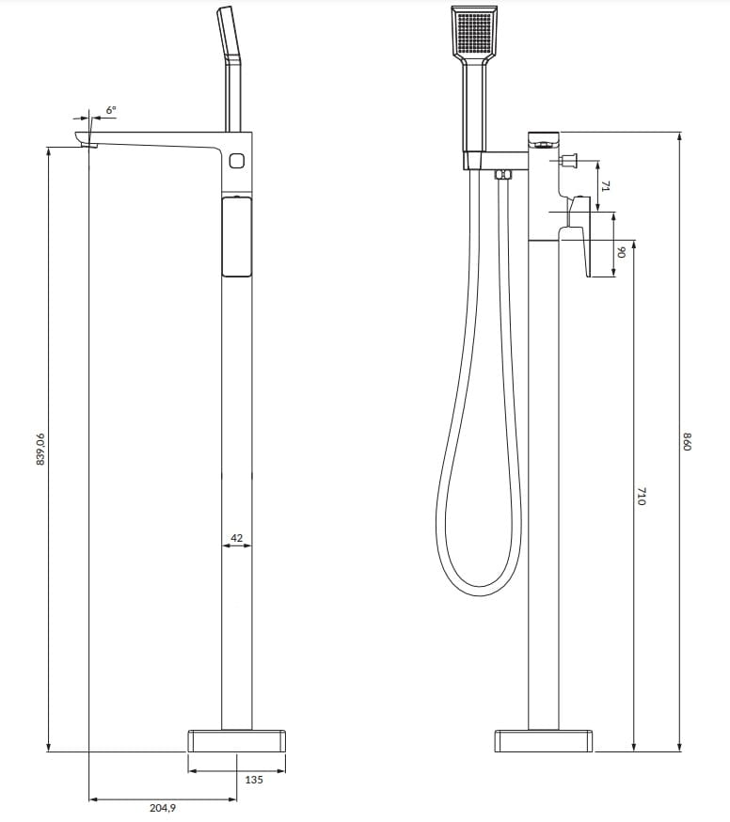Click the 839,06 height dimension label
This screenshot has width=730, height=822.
40,449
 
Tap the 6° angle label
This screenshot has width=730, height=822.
111,109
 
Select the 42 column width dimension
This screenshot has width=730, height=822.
236,537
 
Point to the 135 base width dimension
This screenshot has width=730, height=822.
254,780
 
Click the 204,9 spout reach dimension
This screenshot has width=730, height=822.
163,808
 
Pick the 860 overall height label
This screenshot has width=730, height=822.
688,441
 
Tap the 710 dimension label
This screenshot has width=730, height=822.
642,496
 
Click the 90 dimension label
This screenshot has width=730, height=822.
622,252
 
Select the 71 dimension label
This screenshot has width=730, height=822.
605,185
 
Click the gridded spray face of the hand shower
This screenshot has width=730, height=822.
473,31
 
